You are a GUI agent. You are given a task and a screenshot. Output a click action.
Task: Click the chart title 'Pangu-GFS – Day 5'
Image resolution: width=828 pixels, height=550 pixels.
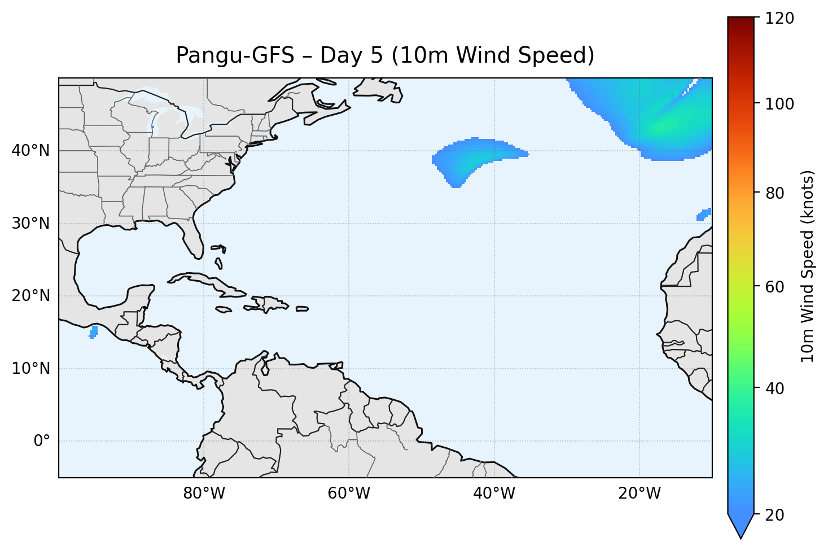pyautogui.click(x=385, y=55)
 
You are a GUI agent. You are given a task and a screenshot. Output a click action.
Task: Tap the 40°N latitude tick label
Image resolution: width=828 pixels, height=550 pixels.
pyautogui.click(x=30, y=151)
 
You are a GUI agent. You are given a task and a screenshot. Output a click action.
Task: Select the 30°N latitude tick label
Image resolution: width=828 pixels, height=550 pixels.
pyautogui.click(x=30, y=224)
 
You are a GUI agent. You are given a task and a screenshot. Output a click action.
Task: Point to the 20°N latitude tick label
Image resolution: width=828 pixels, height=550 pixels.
pyautogui.click(x=30, y=296)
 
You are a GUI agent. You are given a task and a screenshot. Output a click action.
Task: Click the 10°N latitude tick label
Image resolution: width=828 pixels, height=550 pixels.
pyautogui.click(x=30, y=369)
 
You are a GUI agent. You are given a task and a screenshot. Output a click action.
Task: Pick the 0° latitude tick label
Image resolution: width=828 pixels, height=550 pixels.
pyautogui.click(x=41, y=441)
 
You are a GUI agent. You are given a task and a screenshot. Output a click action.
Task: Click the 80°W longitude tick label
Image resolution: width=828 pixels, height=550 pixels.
pyautogui.click(x=204, y=494)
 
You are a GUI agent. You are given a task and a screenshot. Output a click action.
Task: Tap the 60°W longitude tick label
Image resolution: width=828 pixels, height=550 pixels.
pyautogui.click(x=349, y=494)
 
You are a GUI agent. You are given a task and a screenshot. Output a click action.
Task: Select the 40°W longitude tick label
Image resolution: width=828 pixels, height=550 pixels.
pyautogui.click(x=494, y=494)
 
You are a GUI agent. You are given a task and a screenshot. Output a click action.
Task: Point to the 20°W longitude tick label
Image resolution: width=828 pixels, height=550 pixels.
pyautogui.click(x=639, y=494)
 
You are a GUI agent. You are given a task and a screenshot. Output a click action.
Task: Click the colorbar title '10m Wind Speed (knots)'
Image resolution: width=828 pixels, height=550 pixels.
pyautogui.click(x=808, y=266)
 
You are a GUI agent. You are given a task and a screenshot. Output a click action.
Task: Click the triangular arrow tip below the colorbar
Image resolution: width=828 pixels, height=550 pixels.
pyautogui.click(x=741, y=528)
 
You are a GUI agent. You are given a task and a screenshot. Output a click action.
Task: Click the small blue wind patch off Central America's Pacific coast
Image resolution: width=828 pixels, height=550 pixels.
pyautogui.click(x=93, y=331)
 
